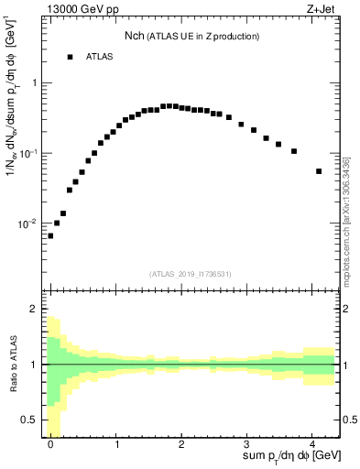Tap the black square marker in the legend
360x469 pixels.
[70, 57]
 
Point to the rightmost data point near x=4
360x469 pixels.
[319, 171]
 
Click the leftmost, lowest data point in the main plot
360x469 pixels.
[50, 235]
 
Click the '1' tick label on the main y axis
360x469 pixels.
[34, 83]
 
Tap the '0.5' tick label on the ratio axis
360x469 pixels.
[30, 420]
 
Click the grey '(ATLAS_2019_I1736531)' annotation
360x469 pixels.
[191, 274]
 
